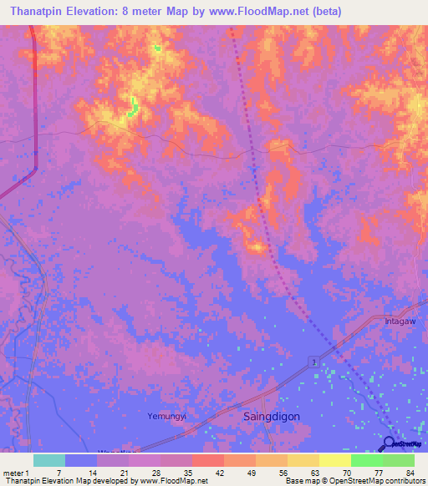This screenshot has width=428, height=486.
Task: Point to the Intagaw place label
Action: (x=400, y=321)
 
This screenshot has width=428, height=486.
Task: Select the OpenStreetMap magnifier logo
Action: (x=389, y=443)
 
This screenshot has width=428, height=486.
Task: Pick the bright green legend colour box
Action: (x=366, y=460)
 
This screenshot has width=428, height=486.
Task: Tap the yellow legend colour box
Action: (x=335, y=460)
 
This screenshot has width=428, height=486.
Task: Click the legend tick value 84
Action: (x=410, y=472)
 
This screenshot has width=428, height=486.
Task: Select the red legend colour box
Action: (x=206, y=460)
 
